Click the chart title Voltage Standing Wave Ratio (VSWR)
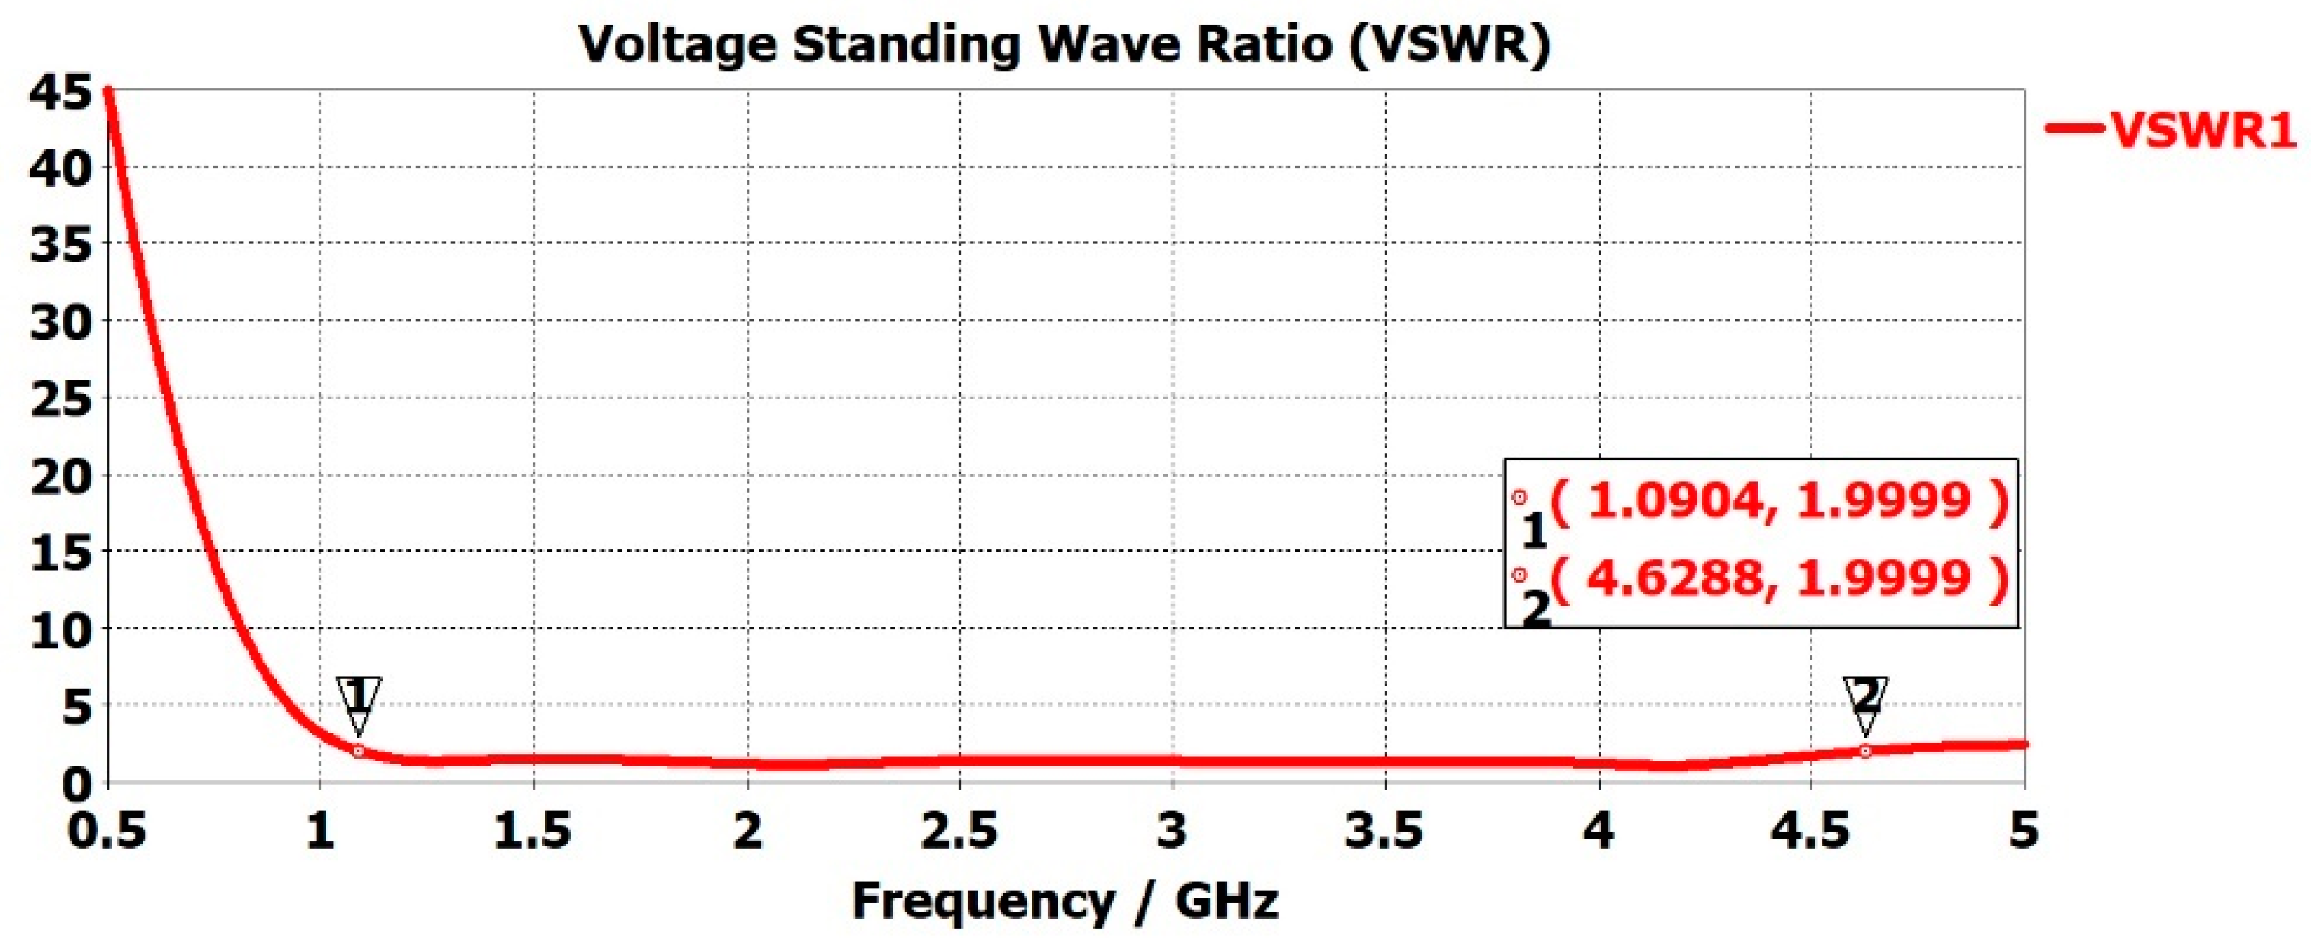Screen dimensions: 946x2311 point(1064,45)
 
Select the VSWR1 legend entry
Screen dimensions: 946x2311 point(2171,129)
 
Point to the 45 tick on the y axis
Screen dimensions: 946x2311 point(60,92)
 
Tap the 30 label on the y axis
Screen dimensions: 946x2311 point(60,322)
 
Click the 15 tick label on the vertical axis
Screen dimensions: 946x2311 point(60,553)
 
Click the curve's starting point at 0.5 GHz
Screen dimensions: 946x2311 point(107,89)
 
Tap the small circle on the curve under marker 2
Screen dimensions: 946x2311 point(1865,751)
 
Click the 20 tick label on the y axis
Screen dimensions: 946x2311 point(60,476)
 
